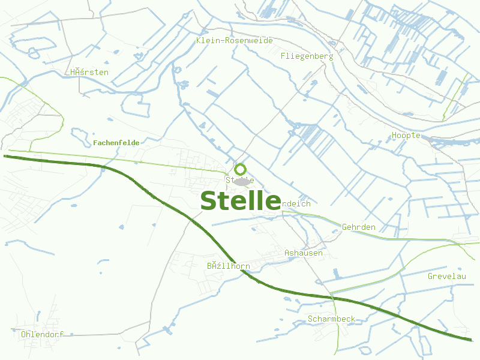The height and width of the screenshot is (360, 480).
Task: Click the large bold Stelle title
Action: tap(240, 200)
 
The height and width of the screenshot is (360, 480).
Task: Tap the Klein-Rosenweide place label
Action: tap(234, 40)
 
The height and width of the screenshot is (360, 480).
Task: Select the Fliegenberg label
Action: tap(307, 56)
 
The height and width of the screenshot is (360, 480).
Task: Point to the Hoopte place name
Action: tap(406, 135)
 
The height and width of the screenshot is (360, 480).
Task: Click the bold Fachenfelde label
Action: tap(116, 143)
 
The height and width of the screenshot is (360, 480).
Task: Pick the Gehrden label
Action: tap(359, 227)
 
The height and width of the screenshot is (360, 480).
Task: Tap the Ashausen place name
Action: tap(304, 253)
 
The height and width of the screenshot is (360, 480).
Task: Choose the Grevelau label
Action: tap(447, 276)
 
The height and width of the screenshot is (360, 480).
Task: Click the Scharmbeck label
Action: tap(331, 319)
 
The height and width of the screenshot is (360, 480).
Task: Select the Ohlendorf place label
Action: tap(42, 334)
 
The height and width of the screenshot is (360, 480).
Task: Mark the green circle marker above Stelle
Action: tap(241, 169)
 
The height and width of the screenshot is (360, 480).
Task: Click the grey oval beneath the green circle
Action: tap(242, 181)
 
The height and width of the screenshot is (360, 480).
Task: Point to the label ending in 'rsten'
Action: tap(89, 72)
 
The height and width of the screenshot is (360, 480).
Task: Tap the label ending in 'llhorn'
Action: tap(228, 266)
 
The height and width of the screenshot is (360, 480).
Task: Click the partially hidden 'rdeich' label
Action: tap(296, 203)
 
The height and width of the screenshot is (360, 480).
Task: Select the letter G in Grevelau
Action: tap(431, 276)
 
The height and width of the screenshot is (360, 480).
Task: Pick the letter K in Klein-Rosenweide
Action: tap(199, 40)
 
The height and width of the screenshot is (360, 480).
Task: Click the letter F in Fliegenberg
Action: tap(283, 56)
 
